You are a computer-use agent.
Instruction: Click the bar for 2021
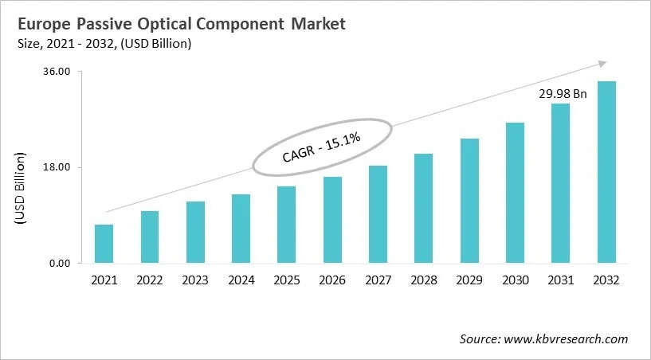(x=104, y=244)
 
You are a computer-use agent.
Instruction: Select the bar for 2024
(x=241, y=229)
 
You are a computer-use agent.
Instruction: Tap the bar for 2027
(x=378, y=214)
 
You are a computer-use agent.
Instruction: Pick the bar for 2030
(x=515, y=193)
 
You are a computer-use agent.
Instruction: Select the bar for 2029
(x=469, y=201)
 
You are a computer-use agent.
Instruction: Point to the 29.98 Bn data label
(x=562, y=94)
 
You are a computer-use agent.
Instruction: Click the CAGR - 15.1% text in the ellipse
(x=322, y=148)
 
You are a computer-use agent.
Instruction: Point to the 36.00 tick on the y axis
(x=57, y=72)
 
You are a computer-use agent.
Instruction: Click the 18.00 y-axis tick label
(x=57, y=167)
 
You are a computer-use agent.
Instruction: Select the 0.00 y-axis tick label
(x=60, y=264)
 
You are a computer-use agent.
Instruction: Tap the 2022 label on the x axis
(x=150, y=280)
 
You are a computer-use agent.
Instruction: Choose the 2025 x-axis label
(x=287, y=280)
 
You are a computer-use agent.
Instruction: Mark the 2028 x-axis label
(x=424, y=280)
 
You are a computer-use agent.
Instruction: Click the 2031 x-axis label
(x=561, y=280)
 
